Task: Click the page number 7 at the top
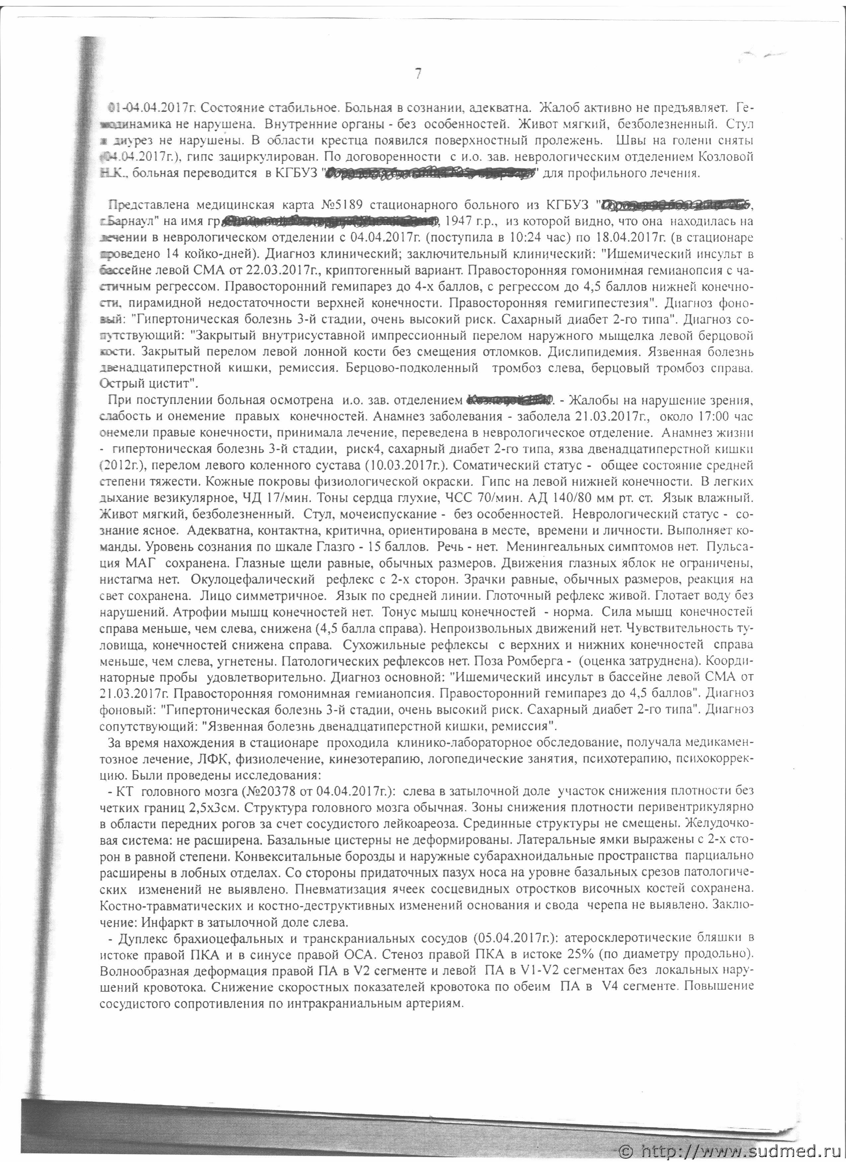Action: pos(418,74)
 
